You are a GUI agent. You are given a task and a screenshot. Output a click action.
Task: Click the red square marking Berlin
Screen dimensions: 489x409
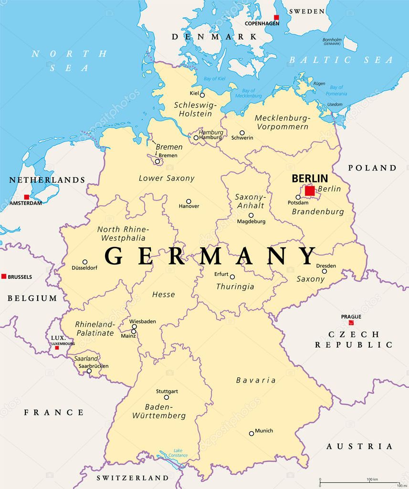(310, 191)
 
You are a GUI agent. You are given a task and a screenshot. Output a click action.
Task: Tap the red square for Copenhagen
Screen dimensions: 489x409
(276, 18)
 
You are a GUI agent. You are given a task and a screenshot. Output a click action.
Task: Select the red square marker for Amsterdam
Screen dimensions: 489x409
(27, 197)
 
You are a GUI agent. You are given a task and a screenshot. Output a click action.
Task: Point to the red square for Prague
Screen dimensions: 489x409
(351, 322)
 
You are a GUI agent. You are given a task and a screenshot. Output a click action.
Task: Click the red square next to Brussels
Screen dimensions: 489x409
(4, 276)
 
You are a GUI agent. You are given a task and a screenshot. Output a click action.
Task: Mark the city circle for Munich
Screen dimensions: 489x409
(252, 434)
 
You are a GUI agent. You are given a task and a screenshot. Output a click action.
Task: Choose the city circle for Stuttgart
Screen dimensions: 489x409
(167, 397)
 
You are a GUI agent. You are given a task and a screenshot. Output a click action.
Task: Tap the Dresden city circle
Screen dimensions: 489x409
(325, 271)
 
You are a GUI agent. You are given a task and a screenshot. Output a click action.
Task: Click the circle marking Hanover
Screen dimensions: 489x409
(189, 202)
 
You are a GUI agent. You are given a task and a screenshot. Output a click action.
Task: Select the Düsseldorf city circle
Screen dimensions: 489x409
(85, 262)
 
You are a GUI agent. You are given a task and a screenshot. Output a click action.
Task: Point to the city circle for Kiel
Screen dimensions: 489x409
(202, 95)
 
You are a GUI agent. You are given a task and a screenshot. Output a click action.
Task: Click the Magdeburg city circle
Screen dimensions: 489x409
(251, 215)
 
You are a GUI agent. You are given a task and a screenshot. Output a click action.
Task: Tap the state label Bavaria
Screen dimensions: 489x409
(256, 381)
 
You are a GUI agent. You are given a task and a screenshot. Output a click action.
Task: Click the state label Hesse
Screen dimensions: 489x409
(163, 295)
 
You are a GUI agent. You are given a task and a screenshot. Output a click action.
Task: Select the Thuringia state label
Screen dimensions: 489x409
(235, 287)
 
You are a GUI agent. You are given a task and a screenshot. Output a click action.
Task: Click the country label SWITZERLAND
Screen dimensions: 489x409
(133, 478)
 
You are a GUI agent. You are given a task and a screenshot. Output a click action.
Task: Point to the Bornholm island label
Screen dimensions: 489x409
(332, 40)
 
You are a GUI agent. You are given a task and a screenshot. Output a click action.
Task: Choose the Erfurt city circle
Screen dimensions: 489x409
(232, 277)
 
